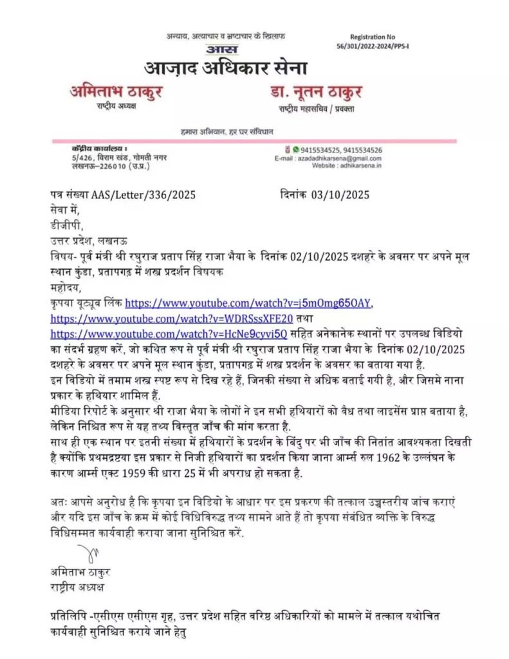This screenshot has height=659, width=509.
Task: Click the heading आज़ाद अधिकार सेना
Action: (x=226, y=68)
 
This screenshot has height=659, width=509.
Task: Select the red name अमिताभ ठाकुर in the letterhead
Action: (x=116, y=91)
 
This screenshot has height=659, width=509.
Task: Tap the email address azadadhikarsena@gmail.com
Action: (x=346, y=158)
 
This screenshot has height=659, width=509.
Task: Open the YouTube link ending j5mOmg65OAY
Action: (x=248, y=302)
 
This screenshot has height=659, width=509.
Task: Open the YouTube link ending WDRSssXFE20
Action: (x=172, y=318)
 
